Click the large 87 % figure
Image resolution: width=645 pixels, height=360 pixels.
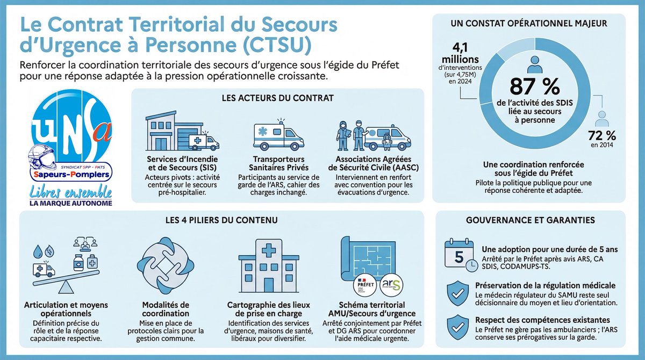529,86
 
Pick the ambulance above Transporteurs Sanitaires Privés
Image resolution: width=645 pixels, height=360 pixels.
278,137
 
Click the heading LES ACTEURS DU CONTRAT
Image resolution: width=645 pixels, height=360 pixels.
278,98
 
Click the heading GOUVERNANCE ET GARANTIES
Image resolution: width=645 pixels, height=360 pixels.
529,220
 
